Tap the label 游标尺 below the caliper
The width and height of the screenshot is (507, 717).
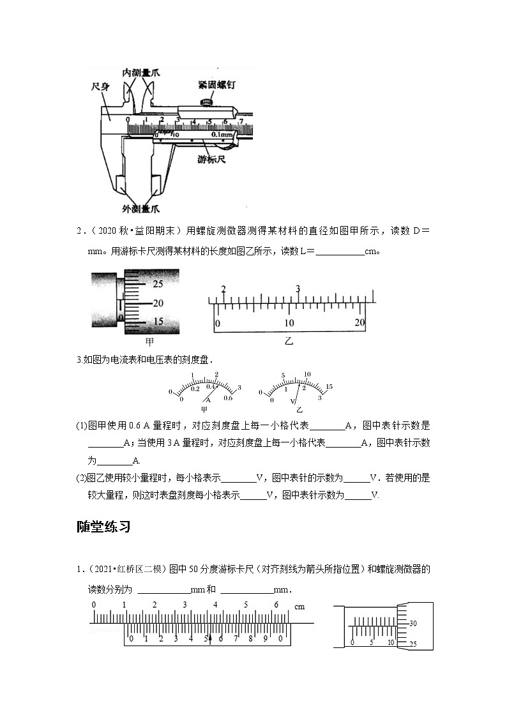pos(212,160)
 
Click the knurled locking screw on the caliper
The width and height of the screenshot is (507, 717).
pos(206,102)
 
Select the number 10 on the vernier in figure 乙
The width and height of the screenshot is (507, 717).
pos(289,323)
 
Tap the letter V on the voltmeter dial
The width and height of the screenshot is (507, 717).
pos(293,401)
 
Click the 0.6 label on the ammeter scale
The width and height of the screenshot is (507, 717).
pos(228,398)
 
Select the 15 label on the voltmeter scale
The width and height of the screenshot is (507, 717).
pos(329,387)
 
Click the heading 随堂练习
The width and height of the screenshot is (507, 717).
pos(103,527)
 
